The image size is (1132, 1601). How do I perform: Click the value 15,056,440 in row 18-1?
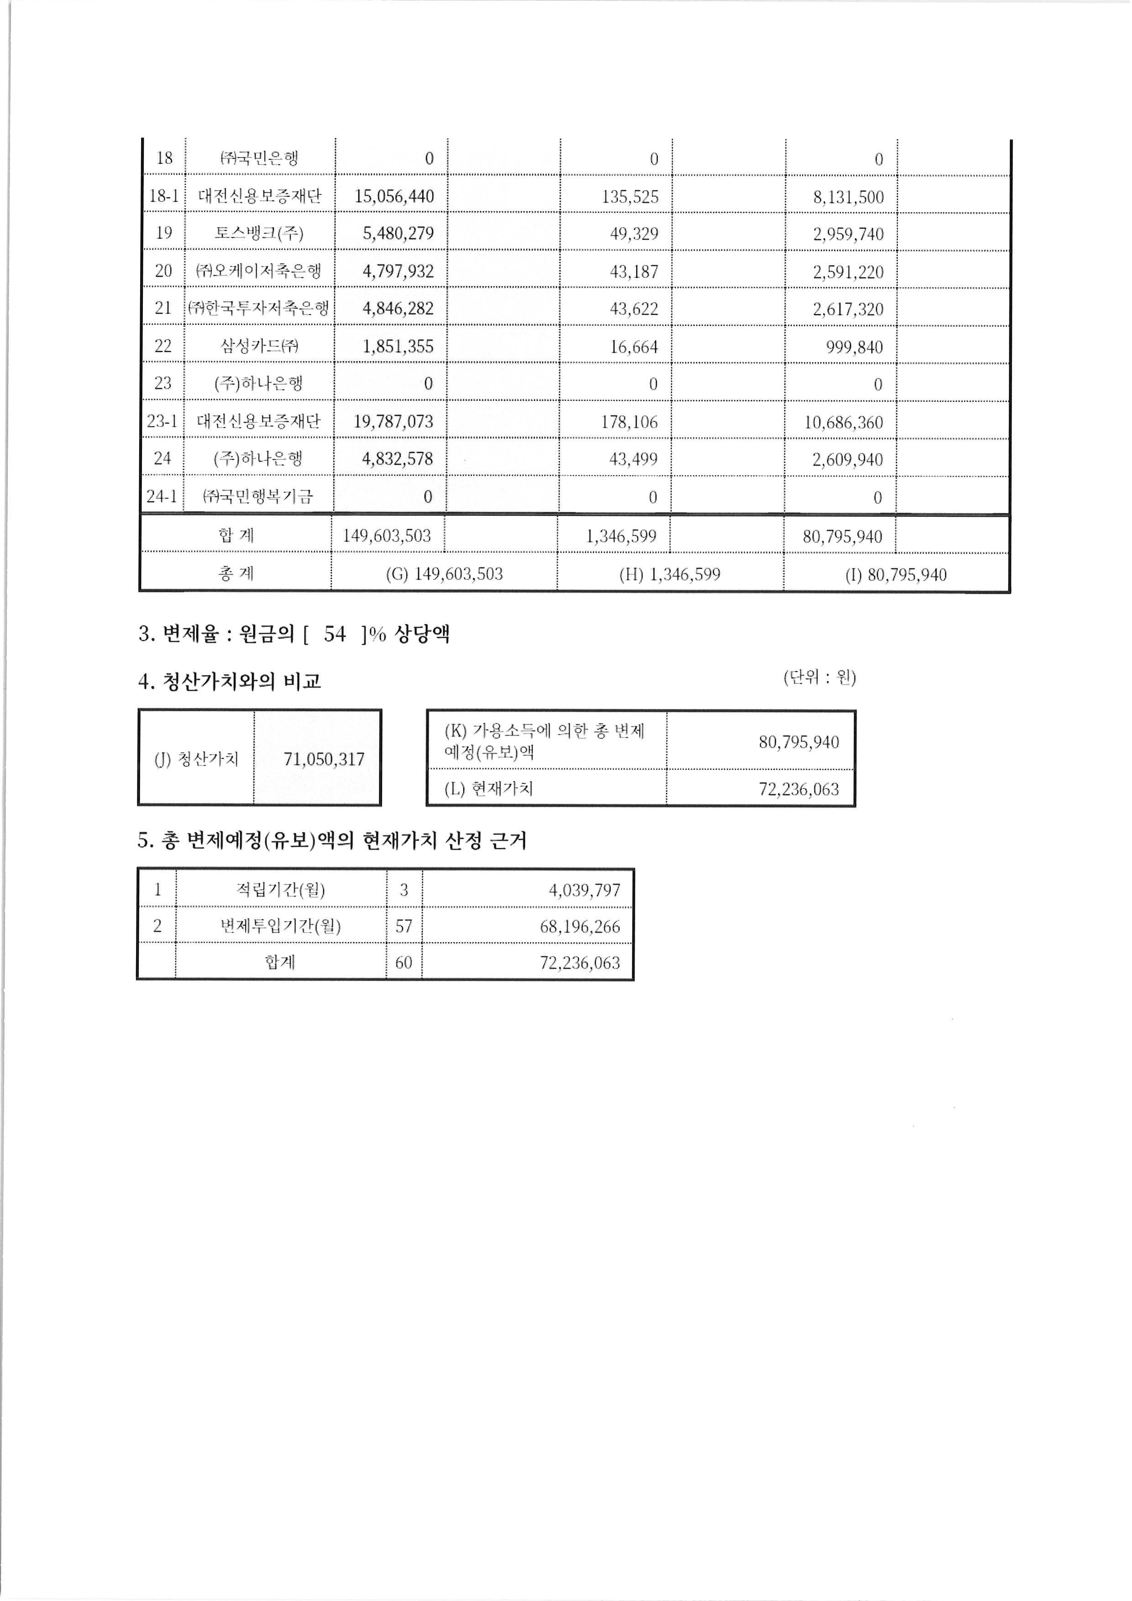(x=394, y=196)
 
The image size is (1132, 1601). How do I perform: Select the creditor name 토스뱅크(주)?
(x=259, y=233)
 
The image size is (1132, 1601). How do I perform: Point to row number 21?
(x=163, y=308)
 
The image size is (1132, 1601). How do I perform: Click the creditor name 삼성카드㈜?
(x=259, y=346)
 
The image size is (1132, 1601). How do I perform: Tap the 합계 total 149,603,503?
(x=387, y=535)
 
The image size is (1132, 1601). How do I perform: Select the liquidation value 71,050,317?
(x=324, y=759)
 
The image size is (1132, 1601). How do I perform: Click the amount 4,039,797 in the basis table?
(x=584, y=891)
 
